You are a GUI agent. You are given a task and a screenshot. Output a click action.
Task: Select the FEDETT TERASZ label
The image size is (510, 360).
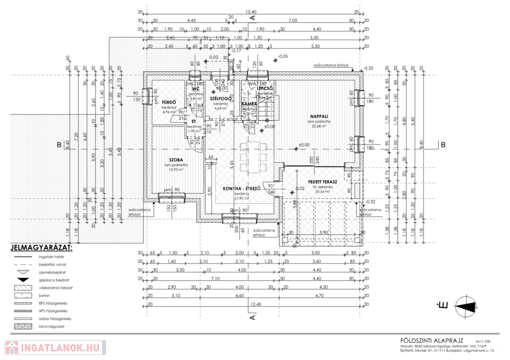click(x=322, y=182)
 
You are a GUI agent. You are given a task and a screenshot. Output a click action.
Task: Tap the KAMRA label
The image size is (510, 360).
click(x=249, y=104)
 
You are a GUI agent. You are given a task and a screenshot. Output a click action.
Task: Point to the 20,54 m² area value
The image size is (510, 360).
click(x=322, y=192)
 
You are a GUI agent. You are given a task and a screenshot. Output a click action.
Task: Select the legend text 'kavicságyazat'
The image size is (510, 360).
click(x=53, y=326)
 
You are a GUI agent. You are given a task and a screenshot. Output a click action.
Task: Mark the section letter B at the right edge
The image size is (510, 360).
click(x=442, y=145)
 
